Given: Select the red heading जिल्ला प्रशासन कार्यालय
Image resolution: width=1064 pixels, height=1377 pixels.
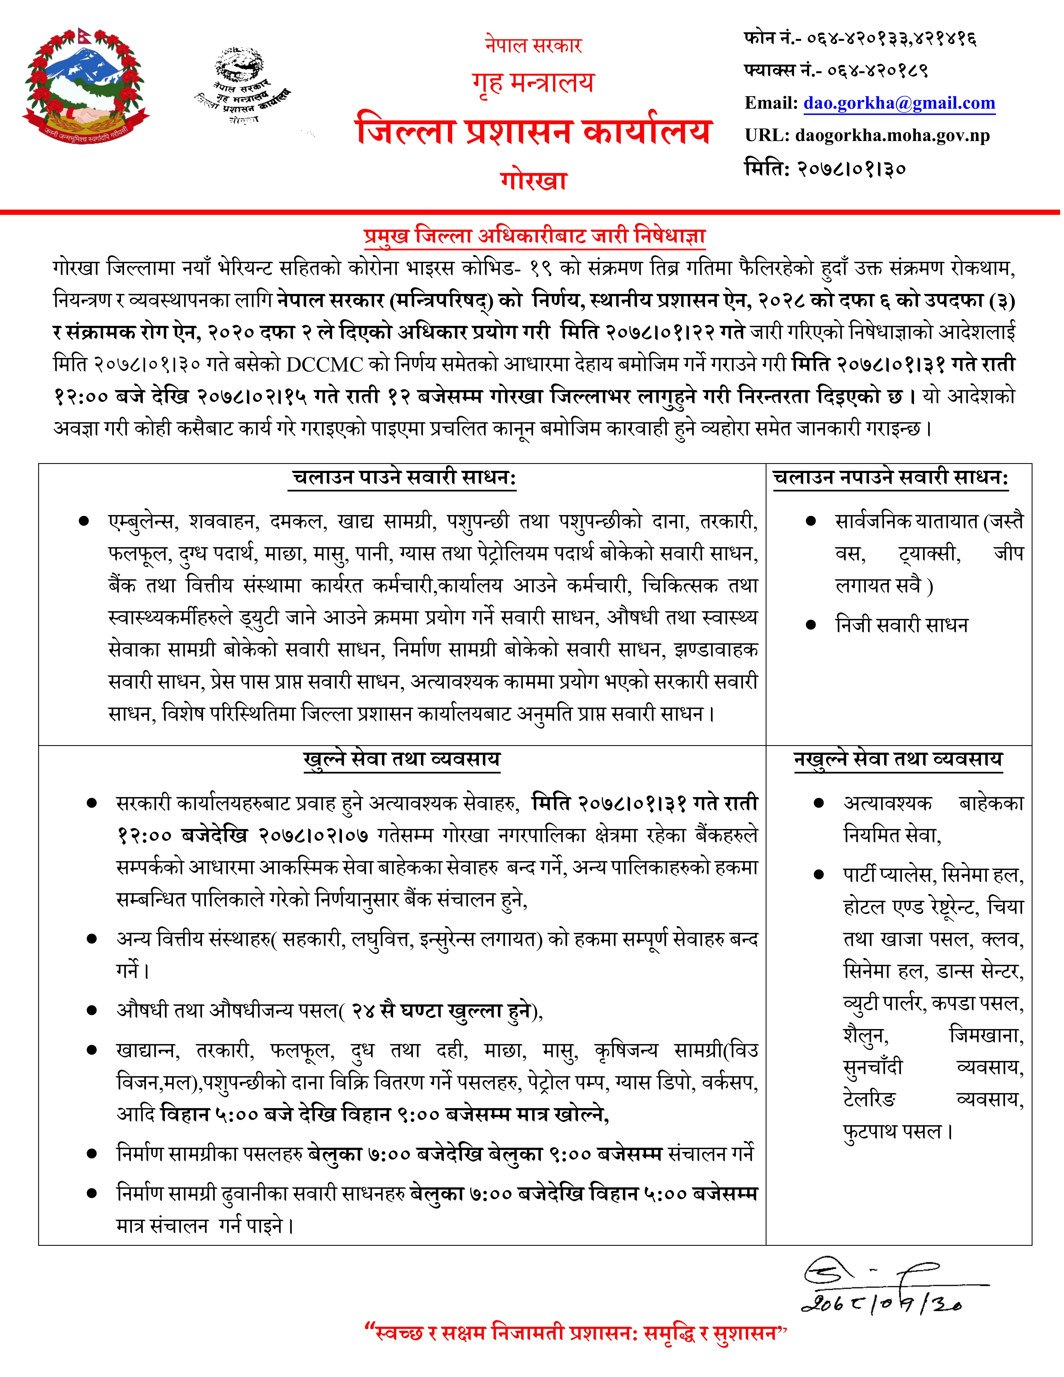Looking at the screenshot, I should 533,131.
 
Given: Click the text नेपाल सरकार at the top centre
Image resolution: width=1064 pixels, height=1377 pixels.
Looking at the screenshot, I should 533,45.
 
